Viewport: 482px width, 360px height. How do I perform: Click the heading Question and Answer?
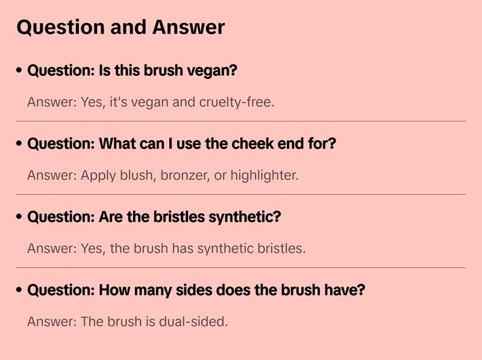tap(120, 27)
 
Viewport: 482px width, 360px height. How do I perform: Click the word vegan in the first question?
tap(213, 70)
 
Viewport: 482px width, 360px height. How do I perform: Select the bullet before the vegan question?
tap(19, 70)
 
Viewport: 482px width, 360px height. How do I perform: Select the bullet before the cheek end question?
tap(19, 144)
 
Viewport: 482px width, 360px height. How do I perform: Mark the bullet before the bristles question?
tap(19, 217)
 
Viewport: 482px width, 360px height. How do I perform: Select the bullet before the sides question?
tap(19, 290)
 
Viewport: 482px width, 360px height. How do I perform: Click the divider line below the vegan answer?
tap(241, 121)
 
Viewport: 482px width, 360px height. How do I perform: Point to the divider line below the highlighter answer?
tap(241, 194)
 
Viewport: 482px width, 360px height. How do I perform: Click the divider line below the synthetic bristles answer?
tap(241, 267)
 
